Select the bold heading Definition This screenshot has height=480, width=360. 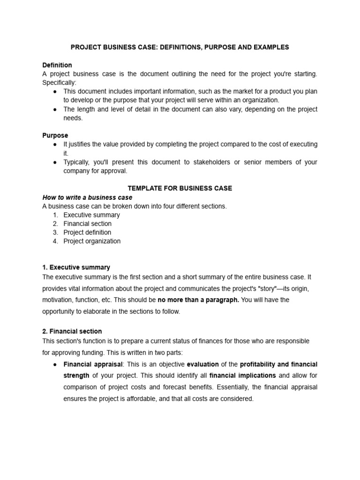pos(57,65)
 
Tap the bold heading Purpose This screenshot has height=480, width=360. pos(55,135)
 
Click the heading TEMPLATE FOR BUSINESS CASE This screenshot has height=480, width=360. pos(180,188)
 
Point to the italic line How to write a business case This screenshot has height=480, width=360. pos(87,197)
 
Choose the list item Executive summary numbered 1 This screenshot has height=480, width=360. pos(91,215)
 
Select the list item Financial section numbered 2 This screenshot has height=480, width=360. pos(88,224)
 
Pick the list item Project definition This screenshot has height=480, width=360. pos(88,232)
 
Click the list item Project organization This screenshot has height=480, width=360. pos(92,241)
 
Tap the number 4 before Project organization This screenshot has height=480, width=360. pos(55,241)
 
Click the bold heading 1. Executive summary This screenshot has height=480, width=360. pos(76,268)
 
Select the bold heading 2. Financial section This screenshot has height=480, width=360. pos(72,331)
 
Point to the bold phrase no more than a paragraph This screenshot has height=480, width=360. pos(198,300)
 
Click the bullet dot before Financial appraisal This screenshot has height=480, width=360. pos(55,364)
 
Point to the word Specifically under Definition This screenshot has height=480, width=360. pos(60,82)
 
